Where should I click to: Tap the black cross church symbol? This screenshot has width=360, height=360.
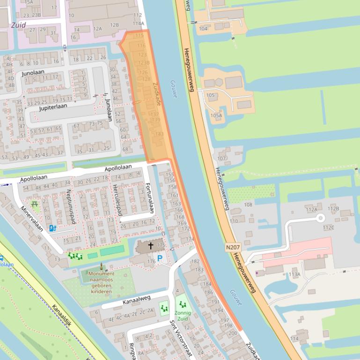(151, 245)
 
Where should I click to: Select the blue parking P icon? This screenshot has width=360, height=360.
(160, 258)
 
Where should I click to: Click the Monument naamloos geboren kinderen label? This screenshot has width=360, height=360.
(102, 282)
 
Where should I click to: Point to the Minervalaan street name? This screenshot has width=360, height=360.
(32, 219)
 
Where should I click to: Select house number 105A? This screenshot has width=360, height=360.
(216, 115)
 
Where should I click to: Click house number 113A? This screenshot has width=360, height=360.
(294, 274)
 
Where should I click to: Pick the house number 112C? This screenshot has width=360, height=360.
(328, 228)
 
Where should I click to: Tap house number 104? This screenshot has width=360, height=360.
(203, 29)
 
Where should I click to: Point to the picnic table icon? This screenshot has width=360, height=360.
(35, 204)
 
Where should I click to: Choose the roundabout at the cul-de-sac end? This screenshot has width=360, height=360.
(321, 217)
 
